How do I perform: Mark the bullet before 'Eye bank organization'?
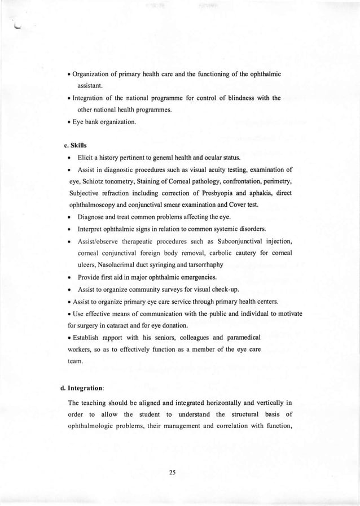pos(69,119)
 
